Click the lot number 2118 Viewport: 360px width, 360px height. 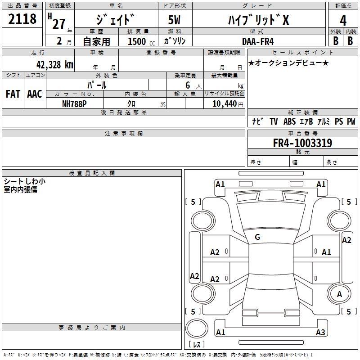point(22,20)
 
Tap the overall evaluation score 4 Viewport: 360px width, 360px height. point(343,21)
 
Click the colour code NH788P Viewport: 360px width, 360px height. point(75,103)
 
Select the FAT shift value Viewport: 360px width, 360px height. point(13,94)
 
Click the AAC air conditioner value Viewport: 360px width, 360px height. point(34,94)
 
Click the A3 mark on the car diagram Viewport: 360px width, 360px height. point(320,333)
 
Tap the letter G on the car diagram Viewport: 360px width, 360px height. point(257,237)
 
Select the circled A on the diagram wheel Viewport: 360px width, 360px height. point(339,294)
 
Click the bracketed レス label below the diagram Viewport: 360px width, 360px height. point(197,344)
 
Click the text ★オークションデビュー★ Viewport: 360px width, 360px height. point(288,63)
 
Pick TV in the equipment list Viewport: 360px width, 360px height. point(274,121)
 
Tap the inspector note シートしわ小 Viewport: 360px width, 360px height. point(24,181)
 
